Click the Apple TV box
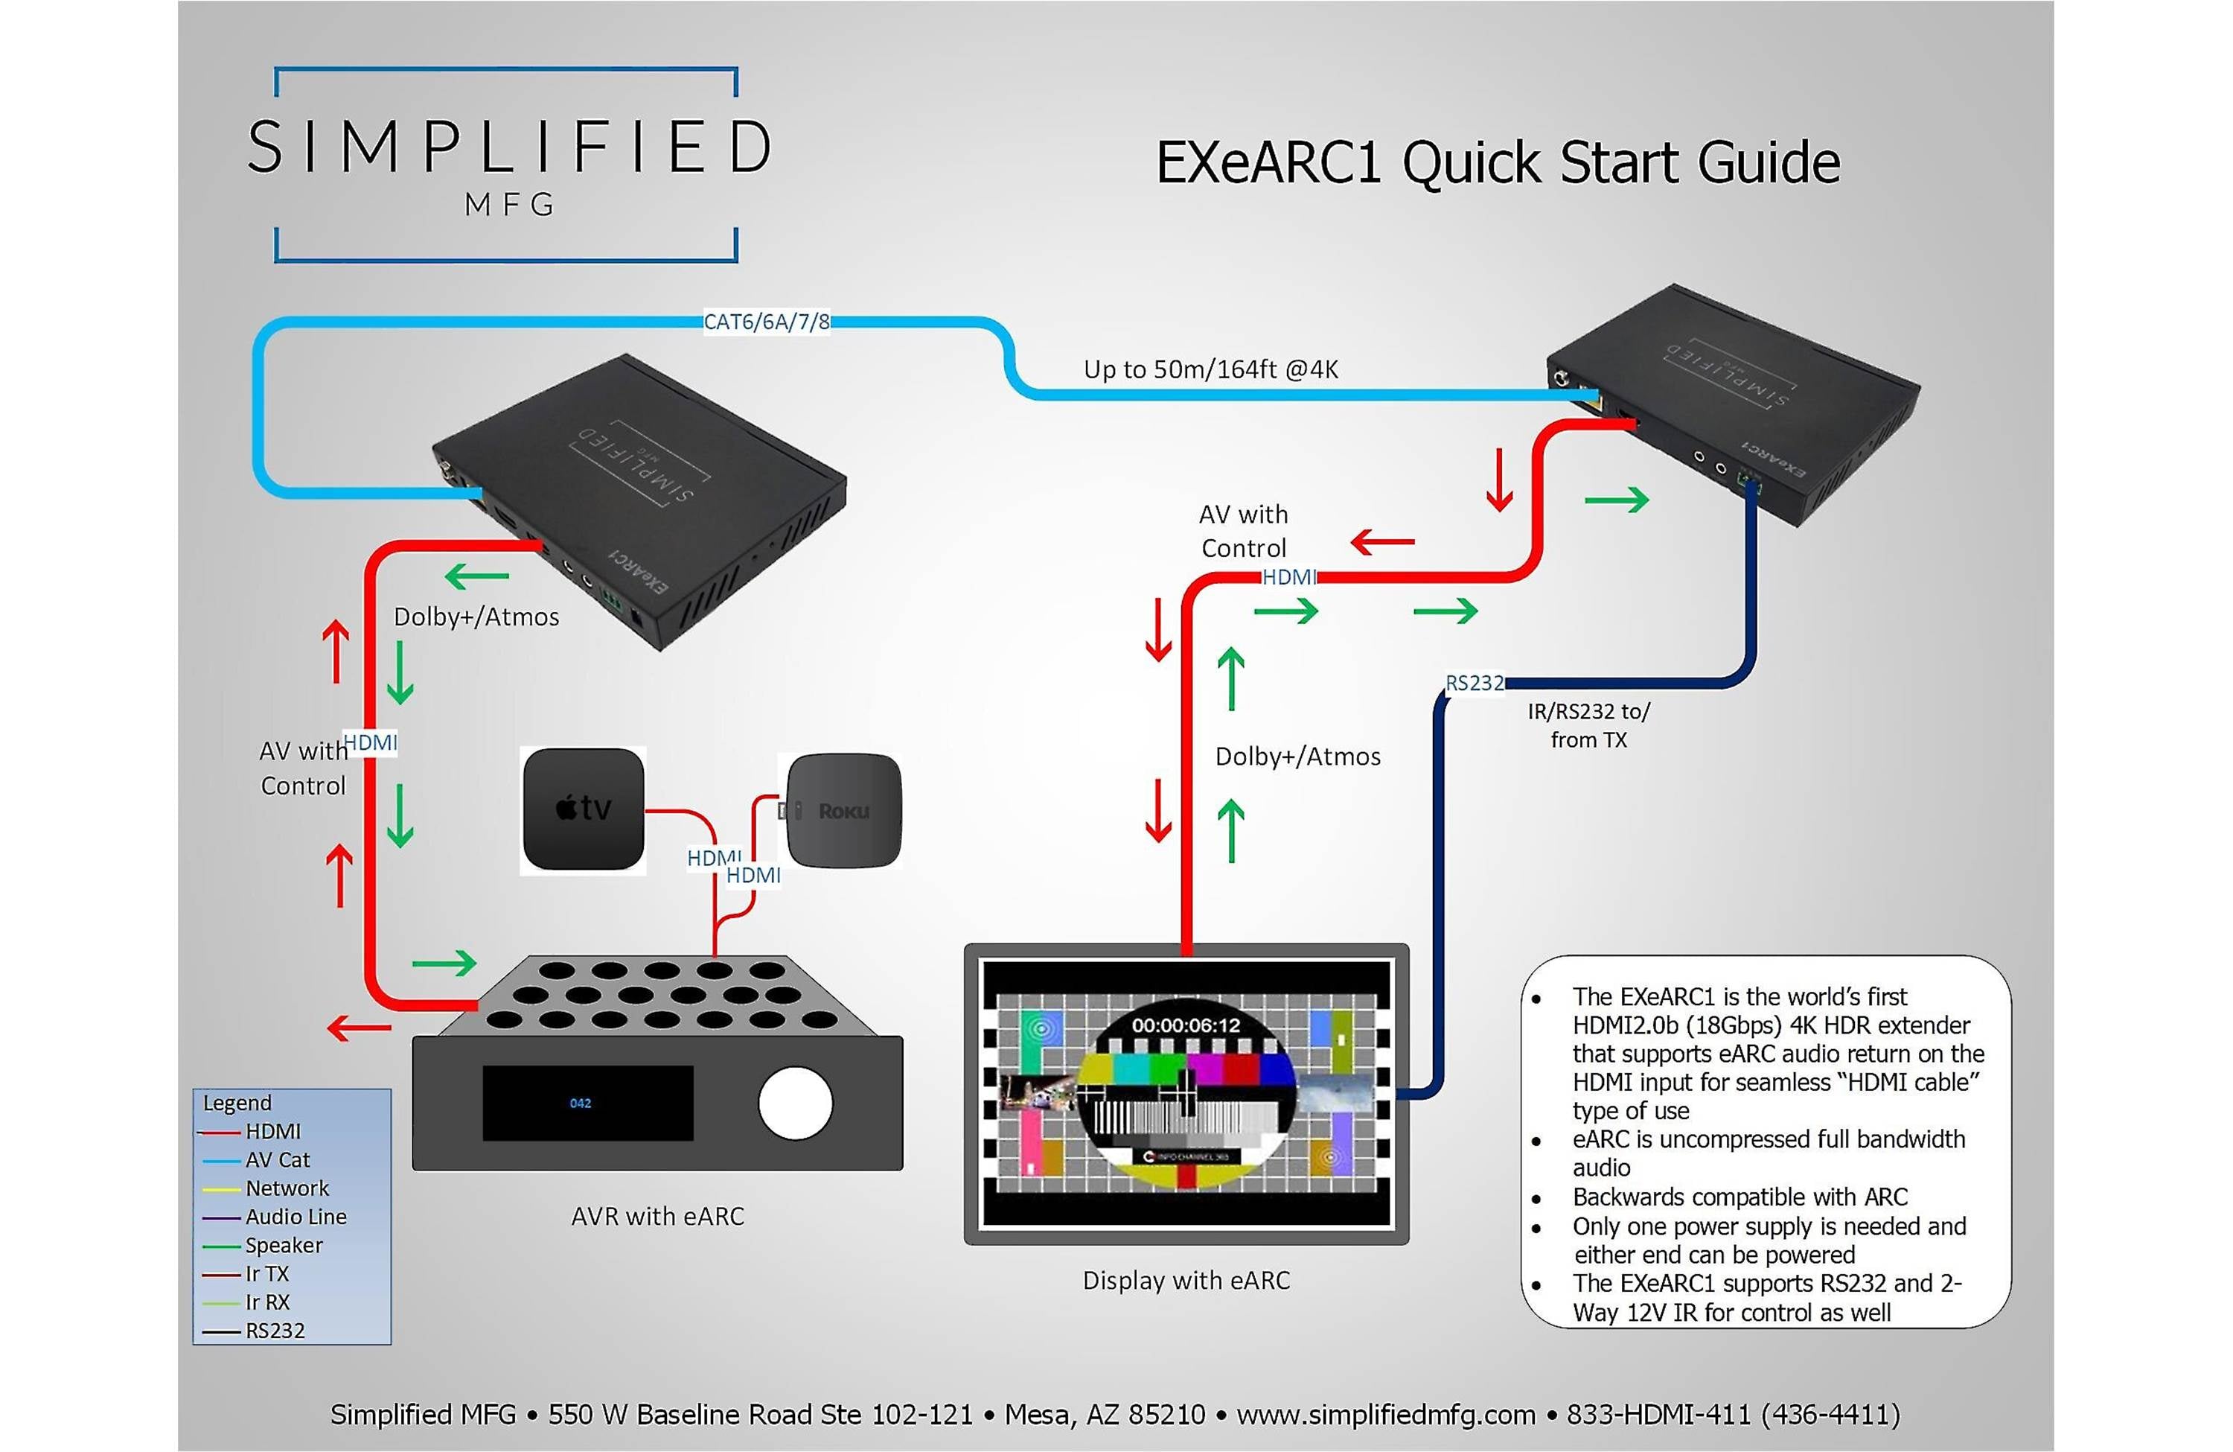583,809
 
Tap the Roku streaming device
843,810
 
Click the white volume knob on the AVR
795,1103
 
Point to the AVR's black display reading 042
587,1103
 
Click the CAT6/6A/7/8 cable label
767,322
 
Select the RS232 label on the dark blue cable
1474,684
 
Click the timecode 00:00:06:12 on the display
1185,1025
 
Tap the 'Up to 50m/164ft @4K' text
1210,370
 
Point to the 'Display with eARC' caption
1186,1280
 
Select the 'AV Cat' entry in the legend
277,1160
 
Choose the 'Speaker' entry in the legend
284,1246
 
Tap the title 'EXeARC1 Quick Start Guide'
1498,163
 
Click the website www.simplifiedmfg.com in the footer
1385,1415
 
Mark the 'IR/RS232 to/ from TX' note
1588,725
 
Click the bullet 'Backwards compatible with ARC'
1740,1197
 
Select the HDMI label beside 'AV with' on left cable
370,743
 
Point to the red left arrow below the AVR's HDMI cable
359,1028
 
